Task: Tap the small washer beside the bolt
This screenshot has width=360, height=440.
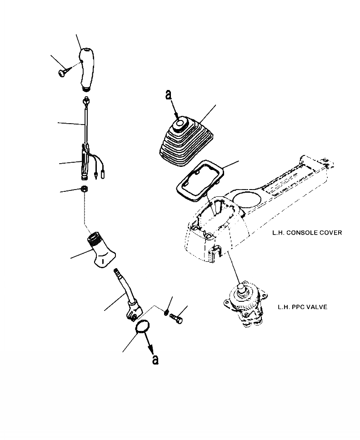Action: pyautogui.click(x=167, y=311)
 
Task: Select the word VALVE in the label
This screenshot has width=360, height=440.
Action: pyautogui.click(x=317, y=307)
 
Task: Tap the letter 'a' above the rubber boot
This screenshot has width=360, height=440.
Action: pyautogui.click(x=168, y=95)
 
